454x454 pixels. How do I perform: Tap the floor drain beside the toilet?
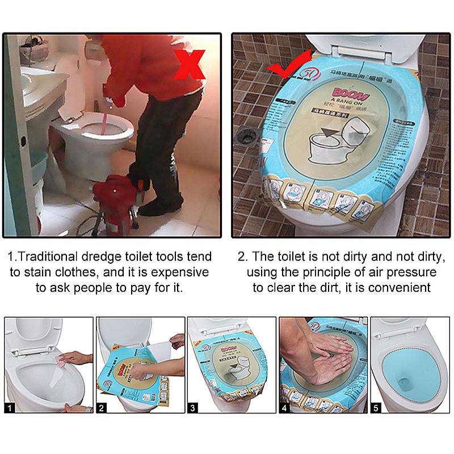click(x=246, y=135)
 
